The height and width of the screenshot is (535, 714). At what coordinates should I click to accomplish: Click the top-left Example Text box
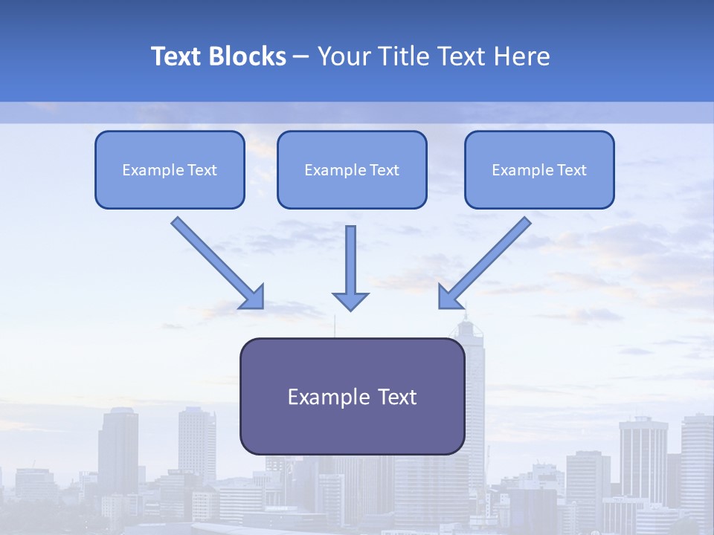170,169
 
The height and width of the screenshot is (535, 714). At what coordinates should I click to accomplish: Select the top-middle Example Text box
352,169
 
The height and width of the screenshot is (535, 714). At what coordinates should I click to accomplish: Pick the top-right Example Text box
539,169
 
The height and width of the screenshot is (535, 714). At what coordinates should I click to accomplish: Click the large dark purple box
352,396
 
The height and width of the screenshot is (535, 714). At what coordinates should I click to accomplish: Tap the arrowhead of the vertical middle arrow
350,300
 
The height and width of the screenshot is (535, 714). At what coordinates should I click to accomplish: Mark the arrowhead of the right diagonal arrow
449,297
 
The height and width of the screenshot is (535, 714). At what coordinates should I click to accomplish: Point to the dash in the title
301,57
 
